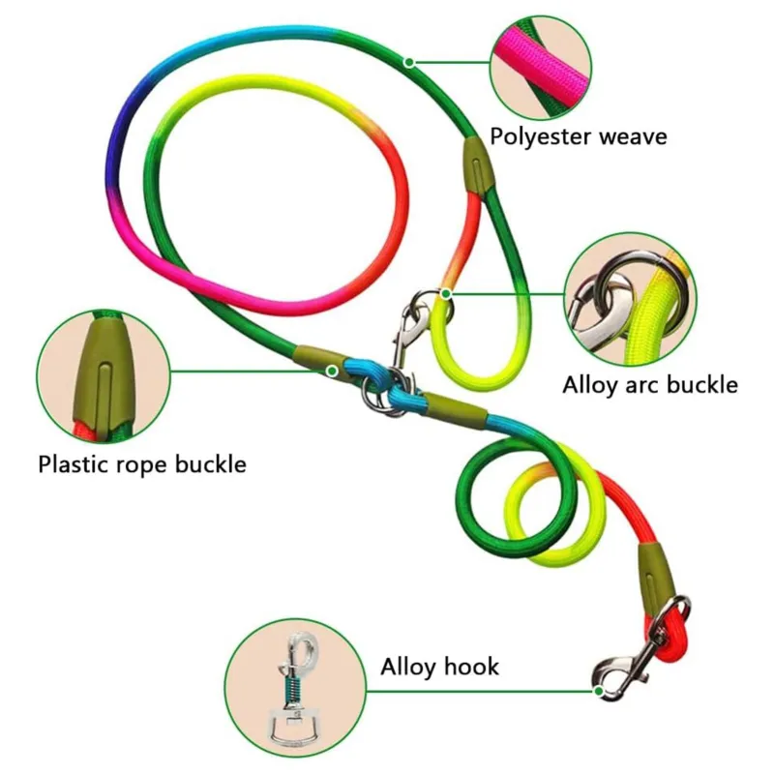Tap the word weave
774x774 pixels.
pos(630,136)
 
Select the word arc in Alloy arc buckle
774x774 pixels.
pos(645,384)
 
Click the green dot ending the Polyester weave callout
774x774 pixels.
pos(409,63)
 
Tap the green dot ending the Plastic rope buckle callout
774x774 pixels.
pos(332,370)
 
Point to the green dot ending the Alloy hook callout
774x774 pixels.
pos(599,691)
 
